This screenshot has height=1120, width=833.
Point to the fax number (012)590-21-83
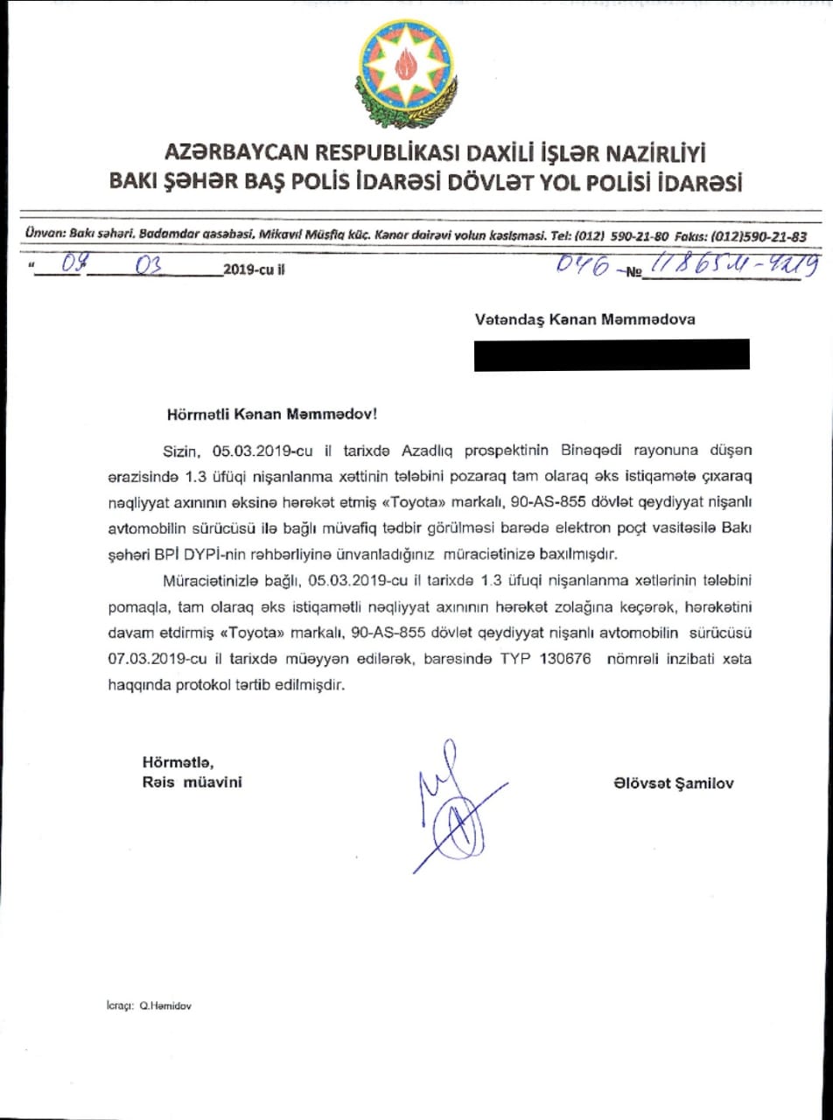click(759, 236)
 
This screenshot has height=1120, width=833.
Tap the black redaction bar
click(612, 353)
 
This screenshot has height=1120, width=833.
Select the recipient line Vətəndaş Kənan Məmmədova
click(584, 319)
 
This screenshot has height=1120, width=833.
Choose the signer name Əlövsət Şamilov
click(674, 784)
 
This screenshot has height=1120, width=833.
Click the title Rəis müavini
click(192, 781)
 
